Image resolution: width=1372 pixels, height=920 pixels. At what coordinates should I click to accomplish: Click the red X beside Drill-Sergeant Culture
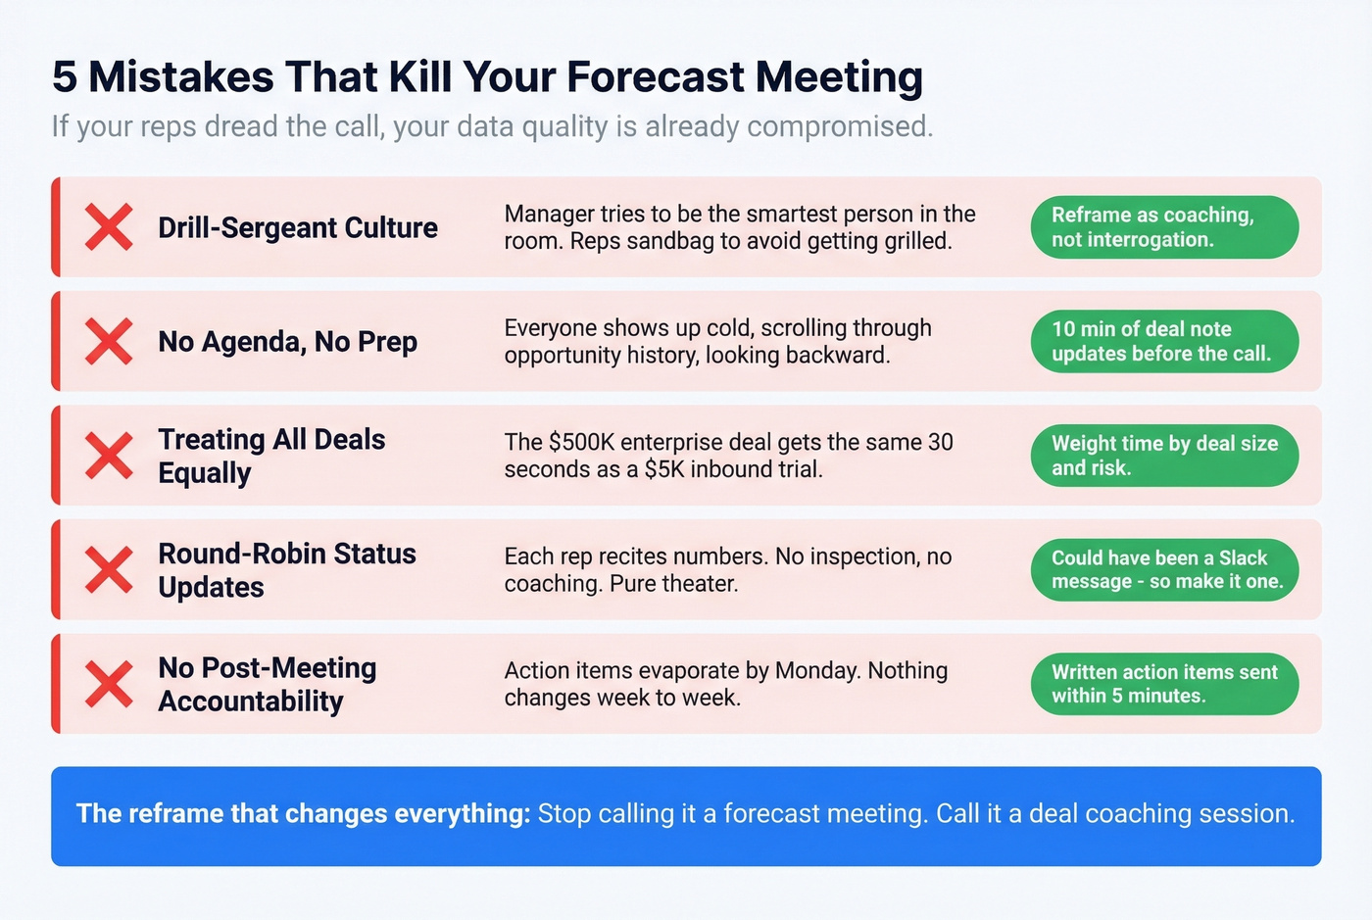109,227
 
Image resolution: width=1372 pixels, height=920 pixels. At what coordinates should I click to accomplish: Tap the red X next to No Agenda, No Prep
109,341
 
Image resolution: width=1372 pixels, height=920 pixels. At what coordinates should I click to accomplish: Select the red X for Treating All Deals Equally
109,456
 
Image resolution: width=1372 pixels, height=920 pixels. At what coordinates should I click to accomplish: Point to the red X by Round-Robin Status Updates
109,569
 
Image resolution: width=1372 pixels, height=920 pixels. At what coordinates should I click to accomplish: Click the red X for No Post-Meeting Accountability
109,684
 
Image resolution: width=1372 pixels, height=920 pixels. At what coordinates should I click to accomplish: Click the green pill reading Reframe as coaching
1164,227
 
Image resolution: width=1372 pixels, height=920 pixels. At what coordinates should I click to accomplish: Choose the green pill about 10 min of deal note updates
1164,341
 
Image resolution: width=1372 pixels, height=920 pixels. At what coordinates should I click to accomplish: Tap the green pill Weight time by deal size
1164,456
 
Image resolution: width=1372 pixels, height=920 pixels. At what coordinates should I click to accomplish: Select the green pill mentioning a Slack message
1164,569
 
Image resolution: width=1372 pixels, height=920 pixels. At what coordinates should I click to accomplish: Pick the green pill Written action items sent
1164,684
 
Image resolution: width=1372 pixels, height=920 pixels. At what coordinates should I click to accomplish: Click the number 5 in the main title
65,77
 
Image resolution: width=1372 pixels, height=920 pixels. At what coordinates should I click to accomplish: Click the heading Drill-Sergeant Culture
298,227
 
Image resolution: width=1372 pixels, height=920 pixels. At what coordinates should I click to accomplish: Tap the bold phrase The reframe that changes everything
303,814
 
